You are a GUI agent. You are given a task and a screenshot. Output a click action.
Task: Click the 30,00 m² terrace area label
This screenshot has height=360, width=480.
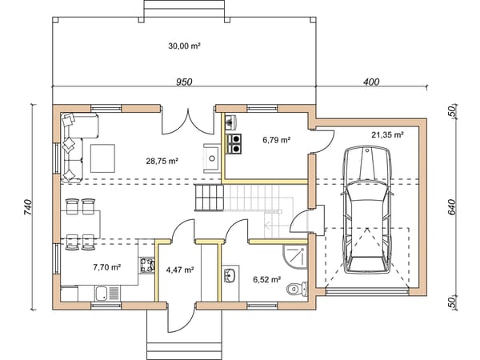(184, 46)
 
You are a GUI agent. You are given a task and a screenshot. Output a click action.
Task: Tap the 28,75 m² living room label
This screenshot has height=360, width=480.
(162, 161)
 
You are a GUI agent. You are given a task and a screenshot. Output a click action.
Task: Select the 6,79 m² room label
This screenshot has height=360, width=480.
(277, 140)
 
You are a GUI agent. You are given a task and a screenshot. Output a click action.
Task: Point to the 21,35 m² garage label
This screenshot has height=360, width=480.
(387, 134)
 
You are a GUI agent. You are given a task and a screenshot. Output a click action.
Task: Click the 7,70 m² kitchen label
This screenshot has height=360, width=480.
(107, 267)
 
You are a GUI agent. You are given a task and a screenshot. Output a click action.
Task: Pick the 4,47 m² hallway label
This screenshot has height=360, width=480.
(180, 270)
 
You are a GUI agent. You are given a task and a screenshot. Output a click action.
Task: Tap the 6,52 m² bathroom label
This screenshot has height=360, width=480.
(267, 279)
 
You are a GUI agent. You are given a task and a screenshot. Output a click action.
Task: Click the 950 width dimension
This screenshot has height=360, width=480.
(184, 82)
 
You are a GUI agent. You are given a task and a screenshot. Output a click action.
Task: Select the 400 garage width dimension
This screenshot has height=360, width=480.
(371, 82)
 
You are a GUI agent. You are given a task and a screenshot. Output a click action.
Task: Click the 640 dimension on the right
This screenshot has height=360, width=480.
(453, 207)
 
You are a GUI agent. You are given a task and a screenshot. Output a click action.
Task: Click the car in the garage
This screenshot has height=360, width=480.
(367, 210)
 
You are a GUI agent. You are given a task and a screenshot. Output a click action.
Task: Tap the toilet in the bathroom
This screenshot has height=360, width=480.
(298, 289)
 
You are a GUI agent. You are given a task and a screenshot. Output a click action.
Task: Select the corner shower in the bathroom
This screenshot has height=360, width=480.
(294, 257)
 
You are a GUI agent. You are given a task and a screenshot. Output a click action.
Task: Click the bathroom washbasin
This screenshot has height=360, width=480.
(230, 275)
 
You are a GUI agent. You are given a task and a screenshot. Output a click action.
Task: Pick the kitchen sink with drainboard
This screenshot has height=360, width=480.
(107, 294)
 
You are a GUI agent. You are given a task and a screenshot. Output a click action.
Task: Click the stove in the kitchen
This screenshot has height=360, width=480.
(147, 265)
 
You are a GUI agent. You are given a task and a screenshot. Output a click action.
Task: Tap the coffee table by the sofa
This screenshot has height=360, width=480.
(102, 158)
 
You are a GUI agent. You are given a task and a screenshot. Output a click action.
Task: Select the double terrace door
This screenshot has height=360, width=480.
(187, 122)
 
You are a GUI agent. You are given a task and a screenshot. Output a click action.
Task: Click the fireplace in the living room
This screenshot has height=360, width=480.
(211, 158)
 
